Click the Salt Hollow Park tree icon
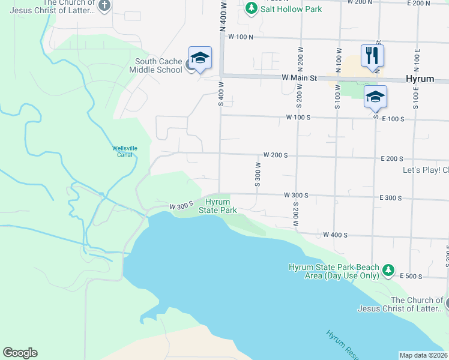coord(252,8)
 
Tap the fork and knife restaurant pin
coord(372,56)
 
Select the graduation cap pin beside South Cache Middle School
coord(200,58)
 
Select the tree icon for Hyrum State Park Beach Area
coord(389,271)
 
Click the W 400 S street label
coord(335,235)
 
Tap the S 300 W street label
coord(257,175)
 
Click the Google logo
coord(20,353)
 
